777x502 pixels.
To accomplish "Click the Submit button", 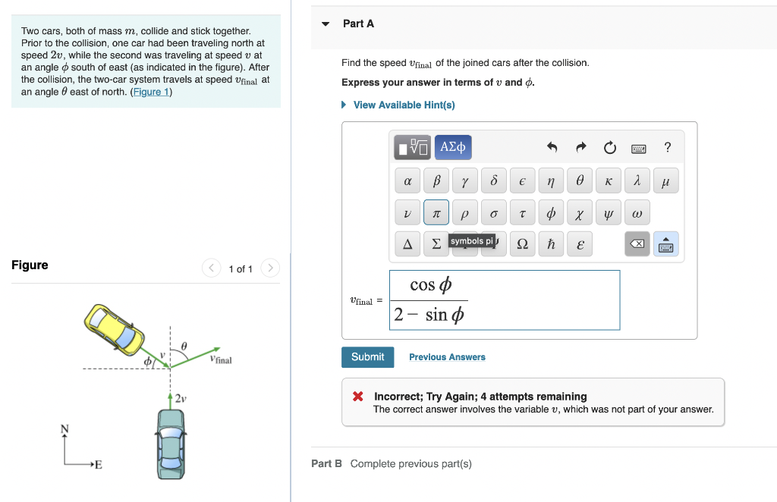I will [367, 357].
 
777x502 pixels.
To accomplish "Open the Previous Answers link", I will [447, 357].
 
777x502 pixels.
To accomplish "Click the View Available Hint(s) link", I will [404, 105].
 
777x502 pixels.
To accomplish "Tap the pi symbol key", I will [436, 213].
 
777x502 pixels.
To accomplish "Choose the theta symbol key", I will [580, 182].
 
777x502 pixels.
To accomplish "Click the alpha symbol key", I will [407, 182].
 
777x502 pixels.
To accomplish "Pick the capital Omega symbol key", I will [522, 244].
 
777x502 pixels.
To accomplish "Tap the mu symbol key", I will [665, 182].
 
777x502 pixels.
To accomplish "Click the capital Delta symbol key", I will [407, 244].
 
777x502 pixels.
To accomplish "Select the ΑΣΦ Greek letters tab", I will [454, 146].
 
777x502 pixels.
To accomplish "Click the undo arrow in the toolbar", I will [552, 147].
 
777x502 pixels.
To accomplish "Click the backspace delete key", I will [637, 244].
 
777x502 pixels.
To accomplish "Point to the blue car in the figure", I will [171, 444].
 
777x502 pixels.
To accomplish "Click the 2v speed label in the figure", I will [181, 398].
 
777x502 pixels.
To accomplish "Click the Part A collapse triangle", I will [326, 24].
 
